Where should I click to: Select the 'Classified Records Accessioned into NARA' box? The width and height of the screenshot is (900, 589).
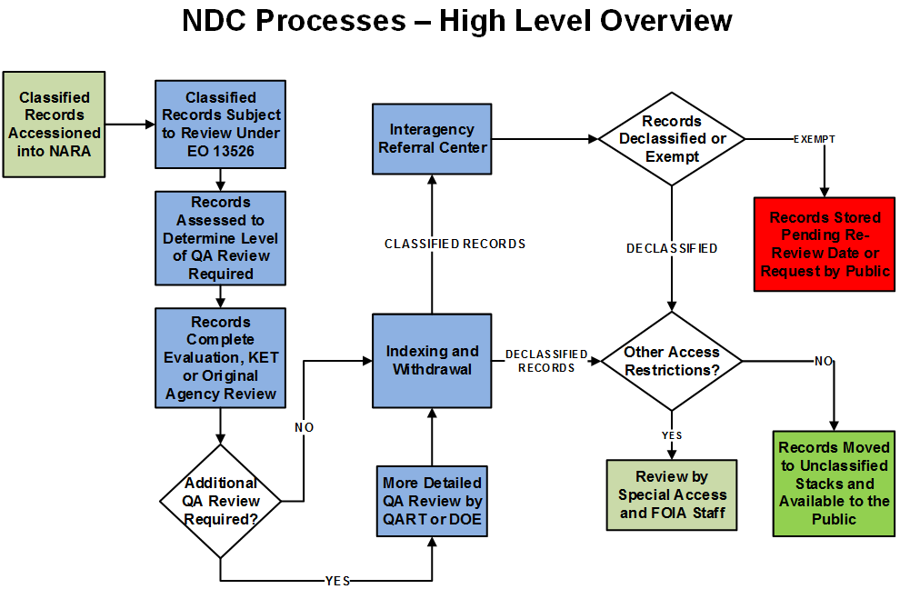coord(55,125)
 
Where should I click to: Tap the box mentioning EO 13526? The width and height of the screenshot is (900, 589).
coord(220,125)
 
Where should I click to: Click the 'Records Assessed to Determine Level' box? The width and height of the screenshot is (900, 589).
coord(220,237)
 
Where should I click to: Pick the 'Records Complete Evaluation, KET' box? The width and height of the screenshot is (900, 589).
coord(220,357)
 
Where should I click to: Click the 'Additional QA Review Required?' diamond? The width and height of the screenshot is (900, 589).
coord(221,501)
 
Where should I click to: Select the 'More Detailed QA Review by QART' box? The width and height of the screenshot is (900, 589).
coord(432,500)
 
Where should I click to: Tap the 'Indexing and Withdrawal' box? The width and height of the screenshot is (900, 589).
coord(432,361)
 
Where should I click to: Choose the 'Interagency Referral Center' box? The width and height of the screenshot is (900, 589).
coord(432,137)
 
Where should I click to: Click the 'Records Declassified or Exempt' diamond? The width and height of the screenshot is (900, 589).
coord(672,139)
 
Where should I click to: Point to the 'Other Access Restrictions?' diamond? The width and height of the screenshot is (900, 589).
coord(672,361)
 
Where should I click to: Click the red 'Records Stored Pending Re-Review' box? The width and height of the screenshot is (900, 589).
coord(825,245)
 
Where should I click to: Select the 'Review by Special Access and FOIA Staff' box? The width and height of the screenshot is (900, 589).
coord(672,494)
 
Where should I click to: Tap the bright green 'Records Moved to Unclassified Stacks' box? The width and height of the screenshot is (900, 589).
coord(834,483)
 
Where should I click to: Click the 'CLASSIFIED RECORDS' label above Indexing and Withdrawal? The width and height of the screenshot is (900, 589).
coord(455,244)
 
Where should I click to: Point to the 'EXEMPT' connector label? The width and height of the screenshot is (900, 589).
coord(815,140)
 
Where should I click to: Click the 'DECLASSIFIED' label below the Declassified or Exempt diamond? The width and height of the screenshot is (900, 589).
coord(672,248)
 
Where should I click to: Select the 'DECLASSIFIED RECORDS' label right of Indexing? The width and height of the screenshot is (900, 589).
coord(546,361)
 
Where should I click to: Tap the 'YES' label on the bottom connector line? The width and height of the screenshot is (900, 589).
coord(337,581)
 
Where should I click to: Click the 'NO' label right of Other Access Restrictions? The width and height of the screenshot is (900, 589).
coord(824,361)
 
